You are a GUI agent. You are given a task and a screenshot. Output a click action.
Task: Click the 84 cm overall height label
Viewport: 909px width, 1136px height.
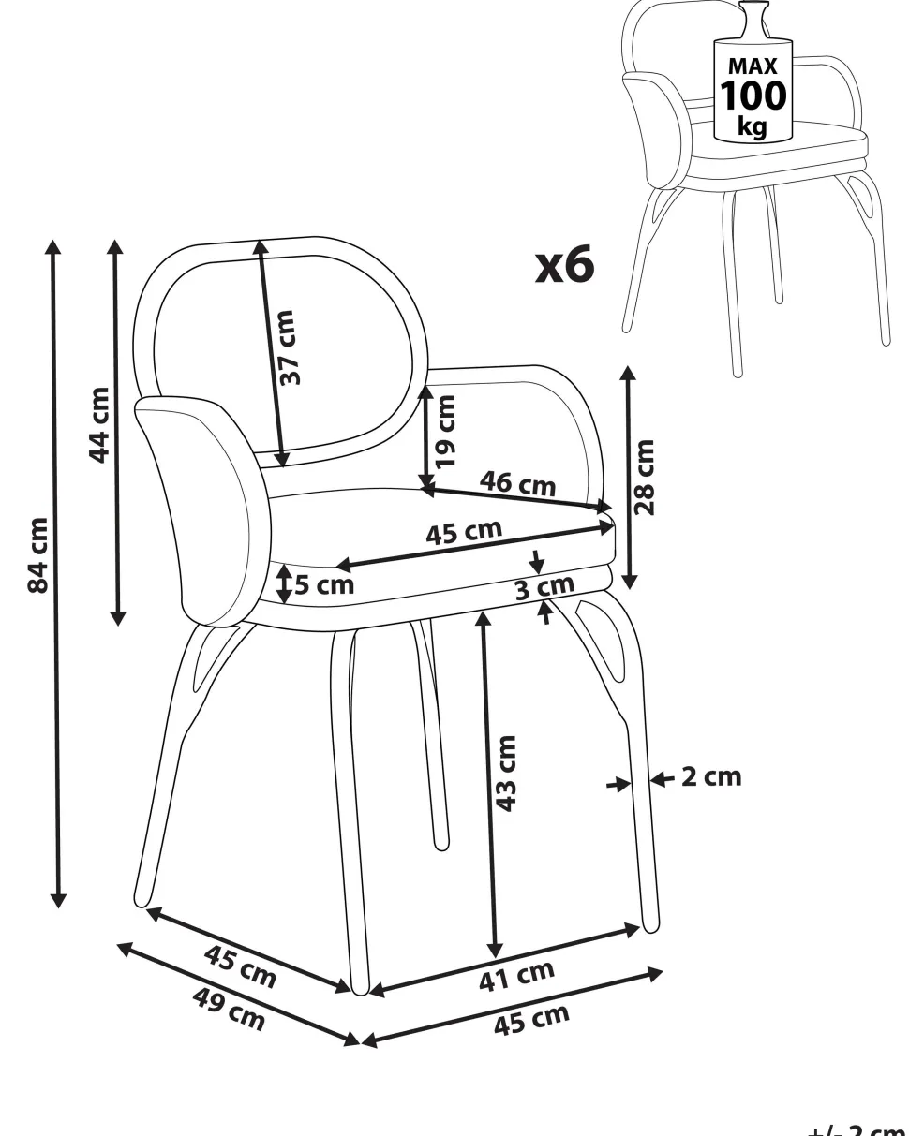coord(38,554)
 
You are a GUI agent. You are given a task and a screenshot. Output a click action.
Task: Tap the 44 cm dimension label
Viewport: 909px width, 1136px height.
coord(98,425)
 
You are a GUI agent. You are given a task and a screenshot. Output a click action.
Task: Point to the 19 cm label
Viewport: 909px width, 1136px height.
coord(445,432)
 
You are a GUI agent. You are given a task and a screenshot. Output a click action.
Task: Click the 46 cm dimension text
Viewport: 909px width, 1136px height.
coord(517,483)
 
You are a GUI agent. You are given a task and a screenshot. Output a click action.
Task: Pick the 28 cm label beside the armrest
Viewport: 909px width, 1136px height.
coord(645,478)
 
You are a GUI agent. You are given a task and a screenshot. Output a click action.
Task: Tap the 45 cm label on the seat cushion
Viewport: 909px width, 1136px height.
coord(464,533)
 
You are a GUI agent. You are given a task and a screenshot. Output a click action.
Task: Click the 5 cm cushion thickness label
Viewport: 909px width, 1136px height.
coord(324,585)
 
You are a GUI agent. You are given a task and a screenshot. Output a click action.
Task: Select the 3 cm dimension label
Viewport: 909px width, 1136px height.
coord(544,587)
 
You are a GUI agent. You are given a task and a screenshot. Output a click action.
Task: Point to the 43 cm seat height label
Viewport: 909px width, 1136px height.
coord(506,774)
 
